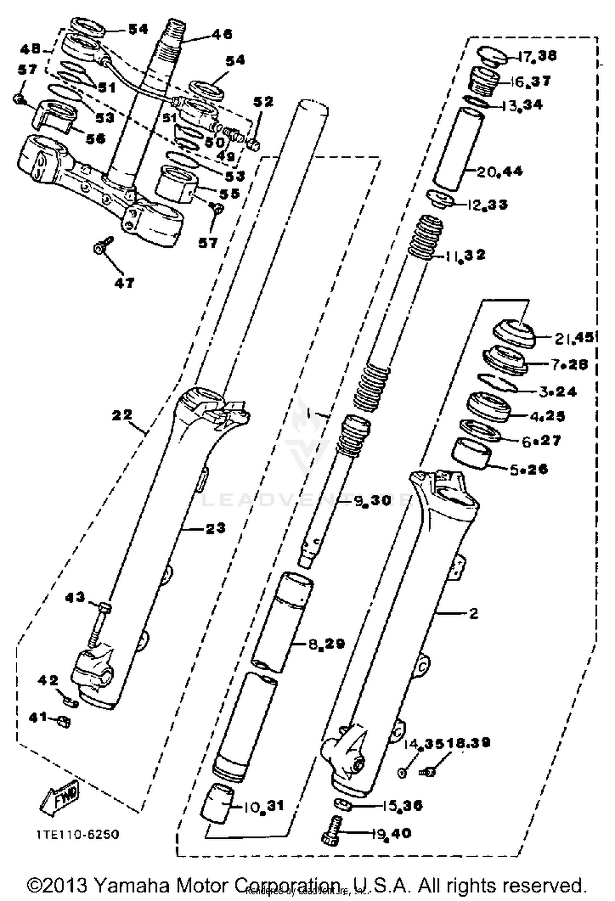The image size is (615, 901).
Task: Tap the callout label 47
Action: click(x=124, y=283)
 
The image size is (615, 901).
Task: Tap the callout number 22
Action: click(x=122, y=415)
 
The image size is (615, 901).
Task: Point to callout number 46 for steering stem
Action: click(x=221, y=34)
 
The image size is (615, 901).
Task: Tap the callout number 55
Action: click(x=229, y=193)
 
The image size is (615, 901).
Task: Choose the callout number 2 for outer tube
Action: click(x=474, y=613)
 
